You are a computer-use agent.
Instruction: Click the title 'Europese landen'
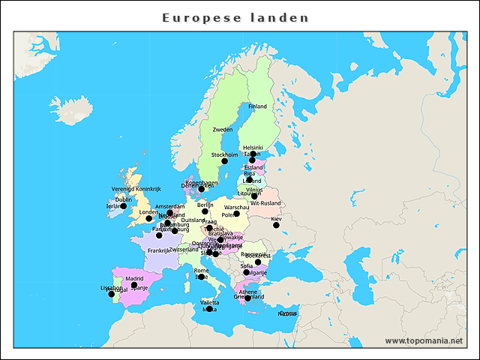pos(235,17)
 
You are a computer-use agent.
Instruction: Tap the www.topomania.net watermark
pos(424,340)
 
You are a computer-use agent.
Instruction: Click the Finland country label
pos(257,106)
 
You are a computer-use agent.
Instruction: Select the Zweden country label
pos(223,130)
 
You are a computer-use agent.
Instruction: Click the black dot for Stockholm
pos(224,161)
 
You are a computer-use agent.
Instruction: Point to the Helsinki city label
pos(253,148)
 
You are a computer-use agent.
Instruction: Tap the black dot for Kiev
pos(276,225)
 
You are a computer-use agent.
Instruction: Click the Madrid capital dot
pos(134,285)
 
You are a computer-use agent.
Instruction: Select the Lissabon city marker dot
pos(112,294)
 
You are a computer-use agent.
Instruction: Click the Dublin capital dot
pos(124,206)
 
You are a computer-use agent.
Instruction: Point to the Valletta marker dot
pos(210,309)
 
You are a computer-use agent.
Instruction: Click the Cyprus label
pos(288,313)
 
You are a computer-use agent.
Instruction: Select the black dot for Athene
pos(247,298)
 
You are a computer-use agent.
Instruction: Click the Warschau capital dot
pos(236,214)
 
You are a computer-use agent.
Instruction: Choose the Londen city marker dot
pos(148,218)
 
